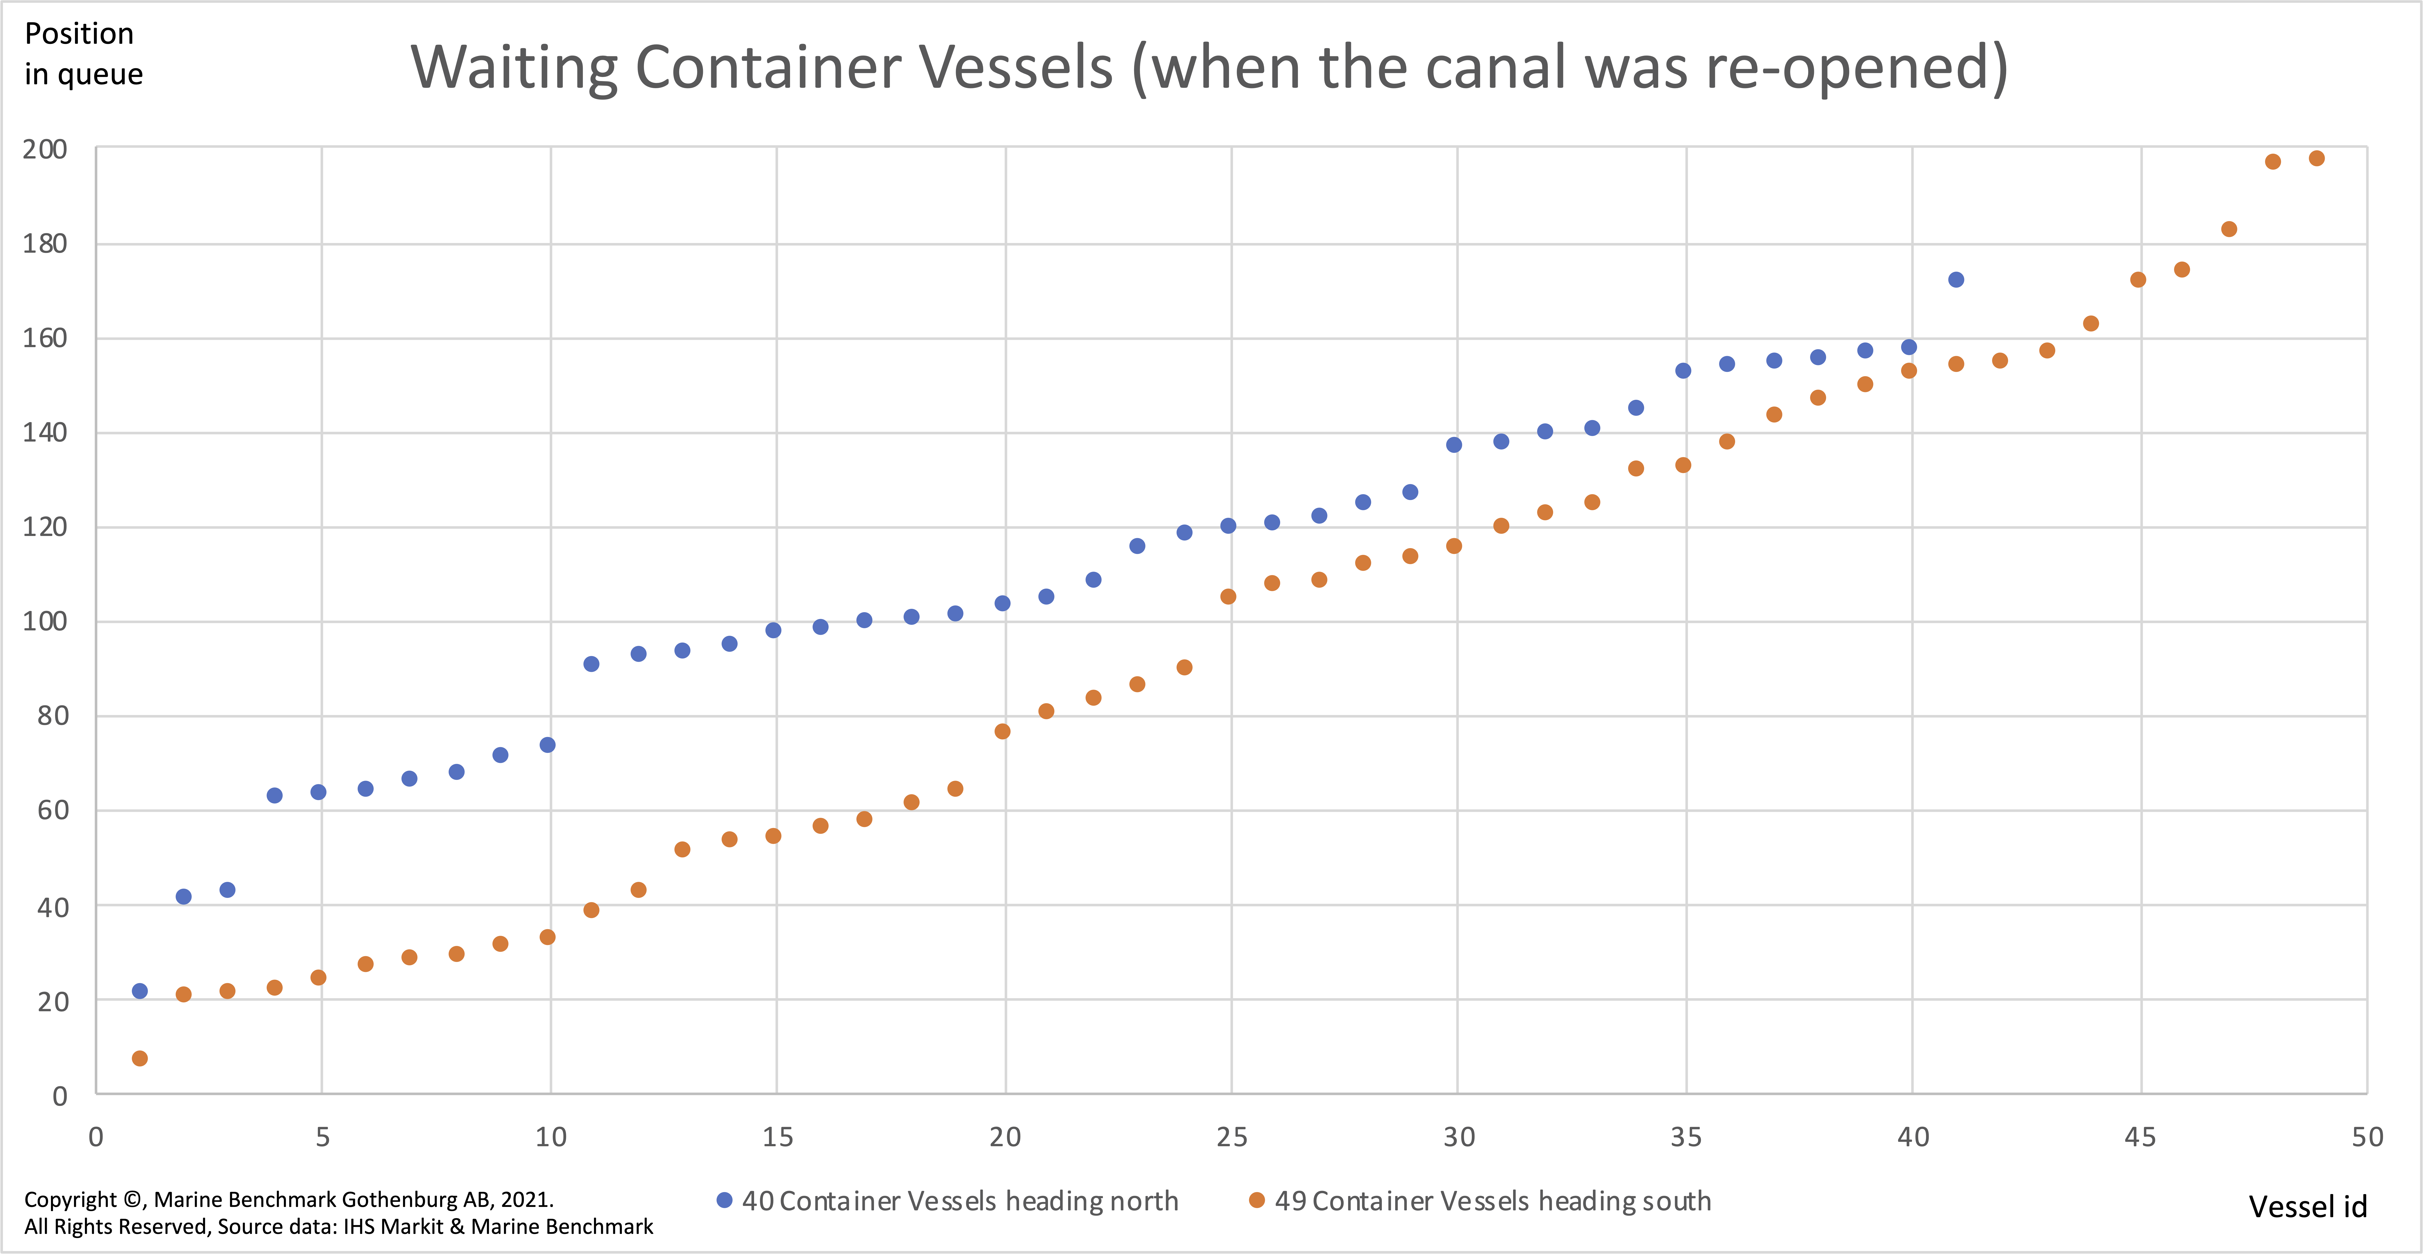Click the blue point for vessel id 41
tap(1955, 279)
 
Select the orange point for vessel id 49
tap(2317, 158)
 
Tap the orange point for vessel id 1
tap(139, 1058)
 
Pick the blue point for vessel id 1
tap(139, 991)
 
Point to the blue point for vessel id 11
tap(591, 664)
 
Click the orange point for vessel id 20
tap(1002, 731)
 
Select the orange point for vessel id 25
tap(1228, 596)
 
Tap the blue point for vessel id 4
tap(275, 795)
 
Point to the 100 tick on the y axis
tap(45, 621)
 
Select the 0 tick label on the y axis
tap(59, 1095)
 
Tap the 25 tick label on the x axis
tap(1231, 1137)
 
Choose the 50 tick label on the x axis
tap(2366, 1137)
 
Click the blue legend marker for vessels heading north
tap(724, 1200)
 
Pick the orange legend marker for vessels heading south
tap(1257, 1200)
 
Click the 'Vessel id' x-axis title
tap(2307, 1207)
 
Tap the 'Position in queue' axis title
tap(84, 54)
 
